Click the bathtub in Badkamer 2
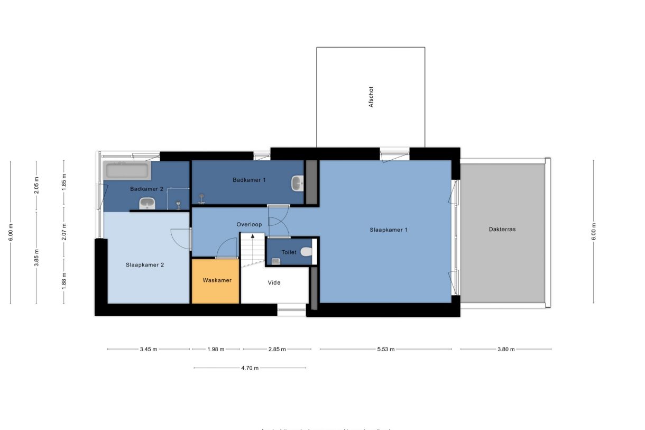coord(127,171)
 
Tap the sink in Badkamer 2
coord(146,203)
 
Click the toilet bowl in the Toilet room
coord(306,252)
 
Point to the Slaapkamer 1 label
coord(388,230)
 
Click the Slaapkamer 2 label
coord(145,264)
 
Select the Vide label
coord(274,282)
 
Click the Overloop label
coord(249,225)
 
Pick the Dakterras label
coord(502,230)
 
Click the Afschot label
coord(371,98)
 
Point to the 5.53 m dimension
coord(385,349)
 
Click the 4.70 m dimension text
coord(250,368)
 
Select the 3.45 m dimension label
coord(149,349)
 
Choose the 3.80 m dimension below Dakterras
coord(505,349)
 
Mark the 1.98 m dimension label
coord(216,349)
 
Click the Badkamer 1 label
coord(249,180)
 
